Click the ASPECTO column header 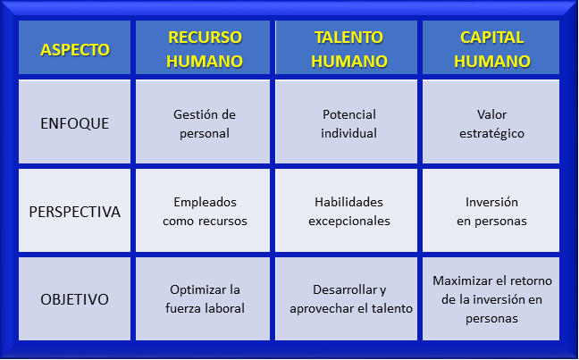click(74, 47)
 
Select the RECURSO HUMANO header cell click(203, 47)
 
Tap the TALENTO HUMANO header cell click(347, 47)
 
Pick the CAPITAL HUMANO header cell click(491, 47)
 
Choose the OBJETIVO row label click(74, 298)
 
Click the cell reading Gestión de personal click(203, 121)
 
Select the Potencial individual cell click(347, 121)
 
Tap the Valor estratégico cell click(491, 121)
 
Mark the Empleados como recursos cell click(203, 210)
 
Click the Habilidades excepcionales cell click(347, 210)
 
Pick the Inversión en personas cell click(491, 210)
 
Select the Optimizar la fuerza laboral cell click(203, 298)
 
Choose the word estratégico click(491, 134)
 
